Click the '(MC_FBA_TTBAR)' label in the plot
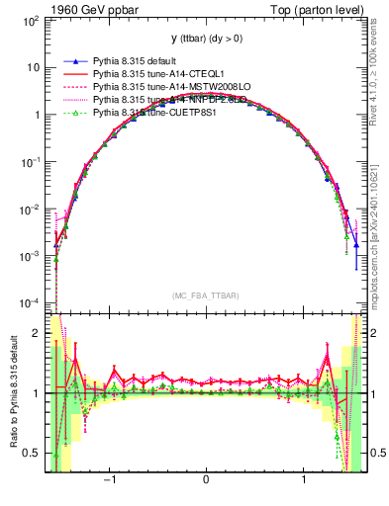click(205, 295)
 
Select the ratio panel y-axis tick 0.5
click(33, 453)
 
